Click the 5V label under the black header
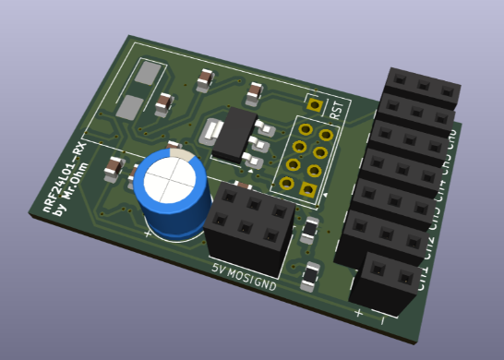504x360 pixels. (x=219, y=271)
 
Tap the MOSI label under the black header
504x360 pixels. (x=240, y=278)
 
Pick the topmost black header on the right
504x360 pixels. (x=423, y=85)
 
